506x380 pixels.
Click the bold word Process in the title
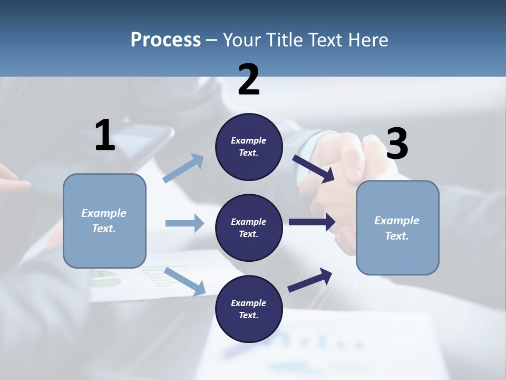tap(166, 40)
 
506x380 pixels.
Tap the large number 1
tap(105, 135)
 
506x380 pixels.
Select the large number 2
tap(249, 80)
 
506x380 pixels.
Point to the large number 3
tap(397, 144)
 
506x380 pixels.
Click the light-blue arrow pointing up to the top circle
tap(183, 168)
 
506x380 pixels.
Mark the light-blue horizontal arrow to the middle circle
tap(184, 223)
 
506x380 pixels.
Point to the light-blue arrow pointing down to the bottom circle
tap(184, 281)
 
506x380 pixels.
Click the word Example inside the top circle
tap(249, 140)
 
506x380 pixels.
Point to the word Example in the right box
tap(397, 221)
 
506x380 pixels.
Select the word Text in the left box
tap(103, 229)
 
